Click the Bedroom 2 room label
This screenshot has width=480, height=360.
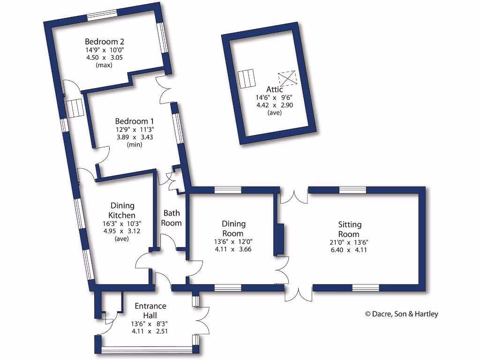(x=104, y=41)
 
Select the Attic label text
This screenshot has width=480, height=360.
(x=275, y=90)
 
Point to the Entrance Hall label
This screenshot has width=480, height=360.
(x=150, y=311)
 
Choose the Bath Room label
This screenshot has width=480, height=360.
(x=172, y=218)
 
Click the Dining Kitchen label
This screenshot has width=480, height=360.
(x=122, y=210)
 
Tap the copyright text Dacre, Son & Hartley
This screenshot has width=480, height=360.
(x=401, y=314)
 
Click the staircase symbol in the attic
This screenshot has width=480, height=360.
(x=247, y=79)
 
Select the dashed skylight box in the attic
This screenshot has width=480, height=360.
(x=287, y=78)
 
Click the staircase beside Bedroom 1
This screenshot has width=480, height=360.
(x=75, y=108)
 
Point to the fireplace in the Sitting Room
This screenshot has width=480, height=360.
(x=279, y=239)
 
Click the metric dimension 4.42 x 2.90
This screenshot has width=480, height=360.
(x=275, y=105)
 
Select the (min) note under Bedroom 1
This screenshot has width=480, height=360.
(x=135, y=145)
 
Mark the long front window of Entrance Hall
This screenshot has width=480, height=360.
(x=147, y=349)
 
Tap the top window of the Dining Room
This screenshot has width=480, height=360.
(x=228, y=190)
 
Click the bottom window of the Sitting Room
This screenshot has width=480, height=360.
(x=365, y=287)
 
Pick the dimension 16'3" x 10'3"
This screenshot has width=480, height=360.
(x=122, y=223)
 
